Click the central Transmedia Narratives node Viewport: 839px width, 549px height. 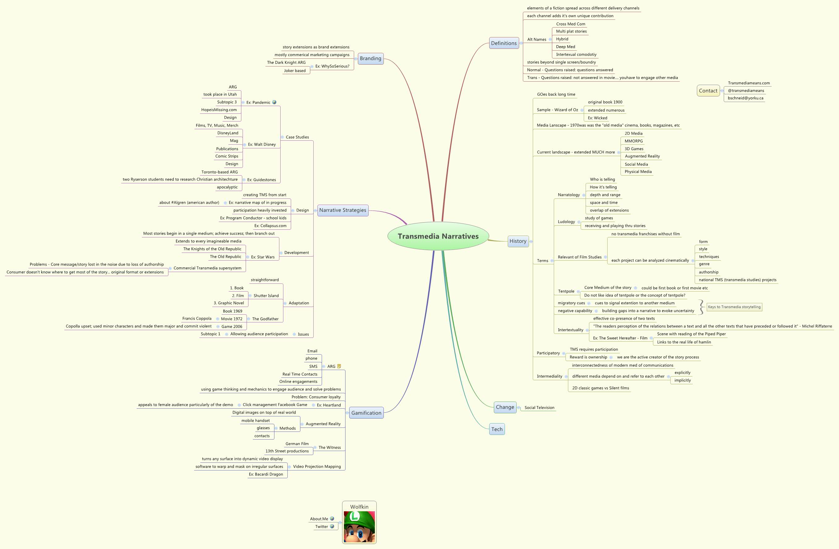pos(438,236)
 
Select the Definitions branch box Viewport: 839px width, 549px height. pos(504,43)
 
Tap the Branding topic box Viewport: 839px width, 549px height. pos(370,58)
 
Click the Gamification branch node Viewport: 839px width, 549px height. pos(366,413)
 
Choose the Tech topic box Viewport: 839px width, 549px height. pos(497,429)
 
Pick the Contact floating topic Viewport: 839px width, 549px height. pos(708,91)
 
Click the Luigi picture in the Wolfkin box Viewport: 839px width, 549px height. pos(359,527)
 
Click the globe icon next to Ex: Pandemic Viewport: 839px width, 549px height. pos(274,102)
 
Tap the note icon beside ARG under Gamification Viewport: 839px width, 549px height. pos(339,366)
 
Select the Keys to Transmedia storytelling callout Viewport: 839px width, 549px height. pos(734,307)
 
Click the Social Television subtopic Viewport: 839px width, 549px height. pos(539,408)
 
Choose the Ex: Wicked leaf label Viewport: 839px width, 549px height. pos(598,118)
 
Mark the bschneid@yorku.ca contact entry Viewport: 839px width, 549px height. pos(745,98)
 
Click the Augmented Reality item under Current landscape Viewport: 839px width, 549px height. pos(642,156)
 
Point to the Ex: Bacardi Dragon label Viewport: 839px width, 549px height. pos(266,474)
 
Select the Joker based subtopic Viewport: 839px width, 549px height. pos(295,70)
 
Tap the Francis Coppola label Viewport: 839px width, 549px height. pos(197,318)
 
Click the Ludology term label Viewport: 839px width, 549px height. pos(566,222)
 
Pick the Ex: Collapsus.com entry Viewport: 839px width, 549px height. pos(270,226)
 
